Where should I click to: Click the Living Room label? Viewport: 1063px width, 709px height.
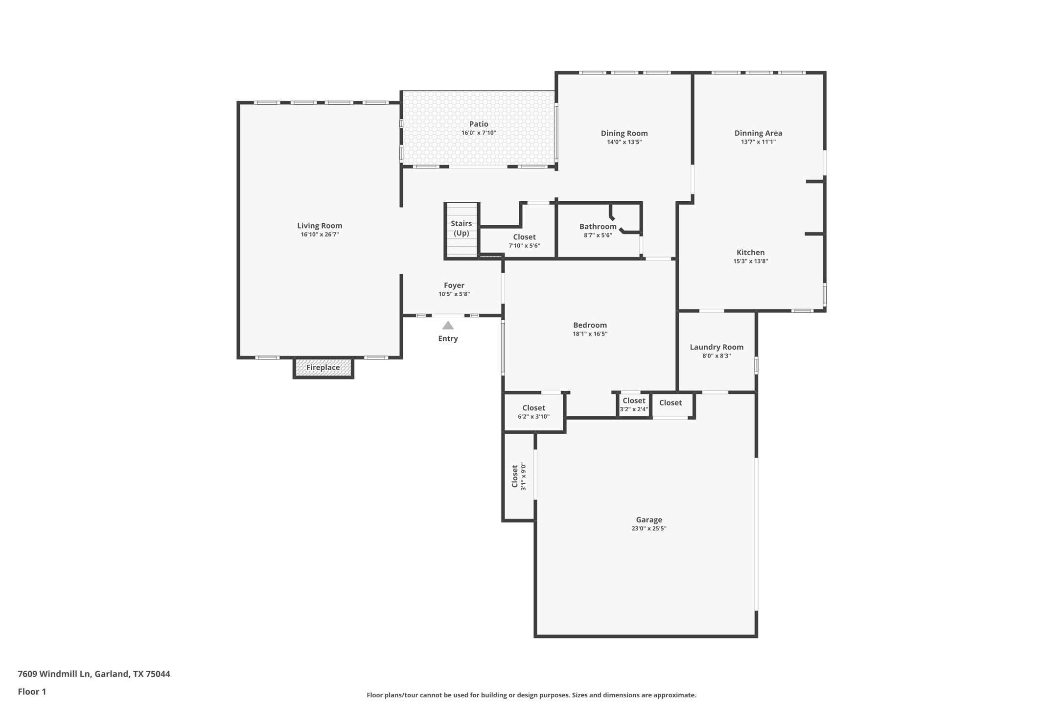[x=320, y=226]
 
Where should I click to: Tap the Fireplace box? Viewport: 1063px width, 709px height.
[x=323, y=368]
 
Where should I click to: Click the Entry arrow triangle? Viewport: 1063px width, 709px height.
[x=448, y=326]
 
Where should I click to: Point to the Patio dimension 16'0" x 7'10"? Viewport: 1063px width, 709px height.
[x=479, y=133]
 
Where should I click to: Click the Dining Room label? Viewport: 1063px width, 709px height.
[x=624, y=133]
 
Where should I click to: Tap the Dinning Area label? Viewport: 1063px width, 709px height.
[x=758, y=133]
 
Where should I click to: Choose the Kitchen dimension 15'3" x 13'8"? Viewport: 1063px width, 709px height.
[x=750, y=261]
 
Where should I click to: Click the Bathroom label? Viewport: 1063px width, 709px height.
[x=598, y=227]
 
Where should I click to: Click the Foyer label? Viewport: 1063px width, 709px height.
[x=454, y=285]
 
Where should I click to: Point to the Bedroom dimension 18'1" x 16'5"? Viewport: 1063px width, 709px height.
[x=590, y=334]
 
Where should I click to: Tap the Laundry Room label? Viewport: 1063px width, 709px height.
[x=716, y=347]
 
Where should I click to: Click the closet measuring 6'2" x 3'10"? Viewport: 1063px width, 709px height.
[x=533, y=412]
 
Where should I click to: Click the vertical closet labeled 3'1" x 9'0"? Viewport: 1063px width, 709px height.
[x=518, y=476]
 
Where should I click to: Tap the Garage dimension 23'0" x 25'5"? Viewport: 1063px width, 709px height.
[x=649, y=528]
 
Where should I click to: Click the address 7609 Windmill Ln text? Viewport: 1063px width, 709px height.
[x=54, y=674]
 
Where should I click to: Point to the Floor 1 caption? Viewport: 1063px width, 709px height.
[x=32, y=692]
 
